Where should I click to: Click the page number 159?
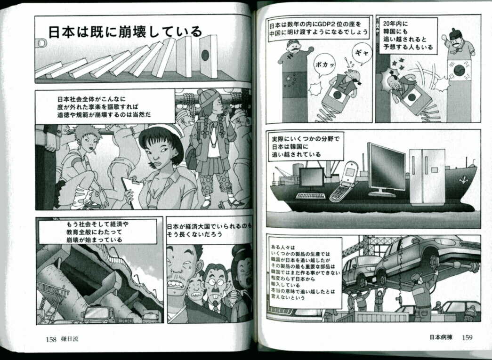pos(467,337)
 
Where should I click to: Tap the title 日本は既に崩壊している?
pos(125,32)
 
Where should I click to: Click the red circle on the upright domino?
pos(205,55)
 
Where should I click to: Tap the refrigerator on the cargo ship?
pos(427,177)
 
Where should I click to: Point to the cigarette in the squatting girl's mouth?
pos(94,152)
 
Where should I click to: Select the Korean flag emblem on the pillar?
pos(459,70)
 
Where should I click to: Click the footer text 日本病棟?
pos(441,337)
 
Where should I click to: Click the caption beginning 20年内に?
pos(408,35)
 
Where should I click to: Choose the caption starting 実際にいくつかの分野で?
pos(305,146)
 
